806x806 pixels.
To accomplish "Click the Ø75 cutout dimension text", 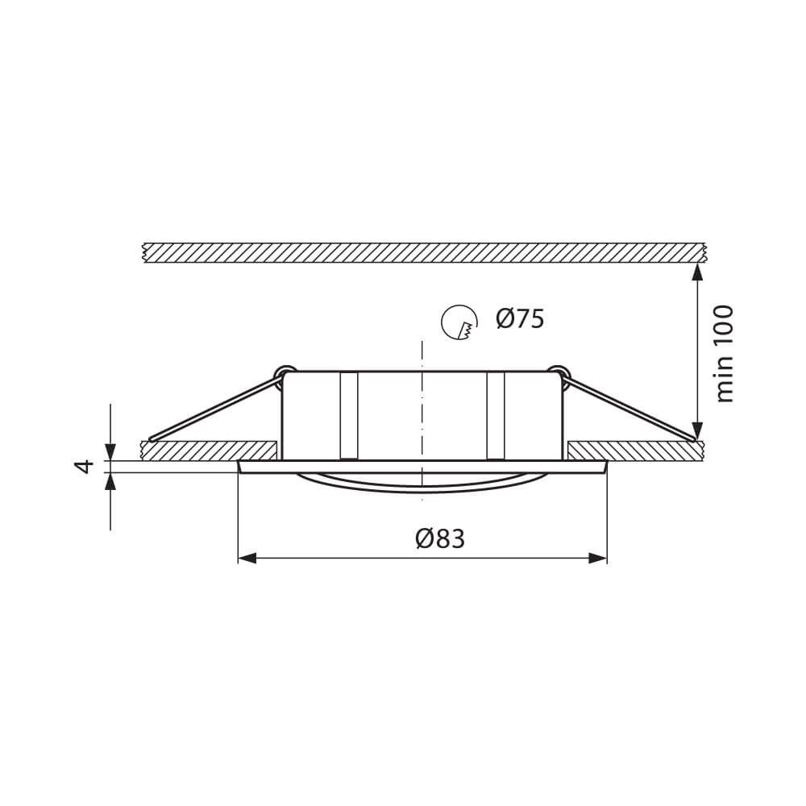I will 520,319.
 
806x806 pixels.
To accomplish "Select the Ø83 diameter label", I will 440,538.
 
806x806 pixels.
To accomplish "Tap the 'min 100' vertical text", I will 725,353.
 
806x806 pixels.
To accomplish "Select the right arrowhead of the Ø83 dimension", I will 598,558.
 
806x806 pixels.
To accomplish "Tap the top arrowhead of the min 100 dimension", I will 697,272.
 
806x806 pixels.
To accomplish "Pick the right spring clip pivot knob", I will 557,372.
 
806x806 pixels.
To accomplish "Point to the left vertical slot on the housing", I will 348,415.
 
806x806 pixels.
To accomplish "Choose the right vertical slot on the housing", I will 495,415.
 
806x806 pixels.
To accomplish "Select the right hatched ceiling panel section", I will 633,450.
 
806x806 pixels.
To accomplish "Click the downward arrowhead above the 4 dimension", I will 110,452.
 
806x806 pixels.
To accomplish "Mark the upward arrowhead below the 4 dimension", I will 110,480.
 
